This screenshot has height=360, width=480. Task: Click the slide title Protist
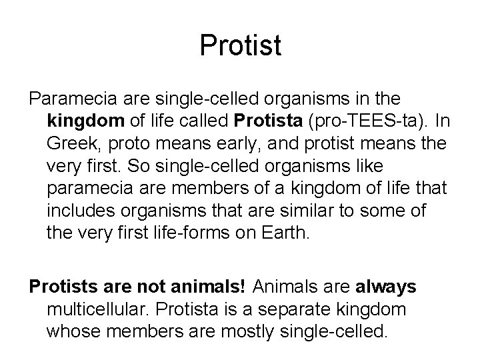[240, 46]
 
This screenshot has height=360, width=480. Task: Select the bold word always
[386, 286]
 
